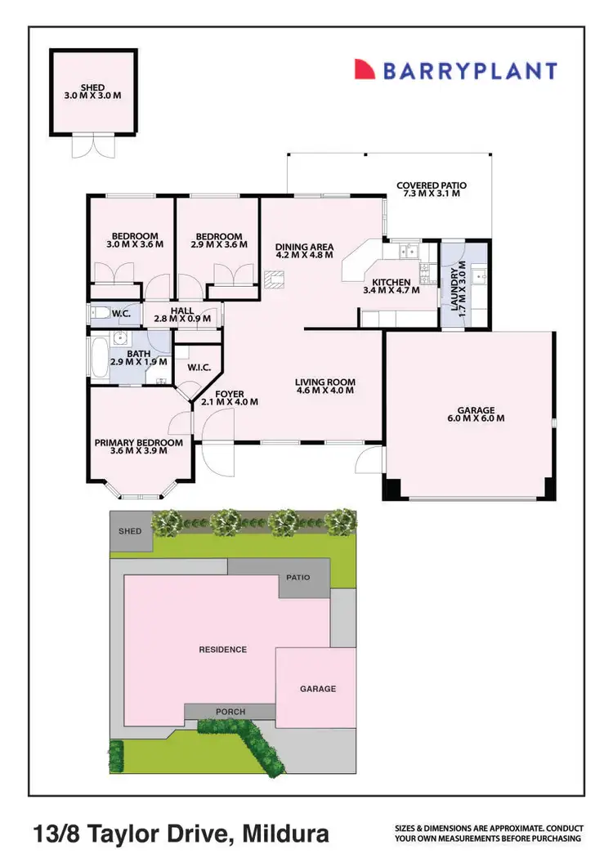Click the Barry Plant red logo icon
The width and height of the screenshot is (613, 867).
click(365, 69)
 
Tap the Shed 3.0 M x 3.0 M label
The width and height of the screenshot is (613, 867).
click(92, 91)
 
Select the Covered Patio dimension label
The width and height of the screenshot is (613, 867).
click(428, 190)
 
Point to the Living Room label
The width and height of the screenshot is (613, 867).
click(324, 386)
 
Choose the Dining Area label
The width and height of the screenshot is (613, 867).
click(304, 249)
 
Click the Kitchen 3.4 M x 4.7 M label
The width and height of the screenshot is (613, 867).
click(391, 285)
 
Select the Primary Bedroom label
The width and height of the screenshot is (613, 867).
click(137, 446)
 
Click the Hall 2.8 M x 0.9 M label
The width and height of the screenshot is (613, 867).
click(182, 315)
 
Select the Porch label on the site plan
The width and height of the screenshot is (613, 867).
click(230, 712)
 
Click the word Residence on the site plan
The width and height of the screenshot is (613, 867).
click(222, 650)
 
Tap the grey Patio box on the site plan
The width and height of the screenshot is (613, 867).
click(298, 578)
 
